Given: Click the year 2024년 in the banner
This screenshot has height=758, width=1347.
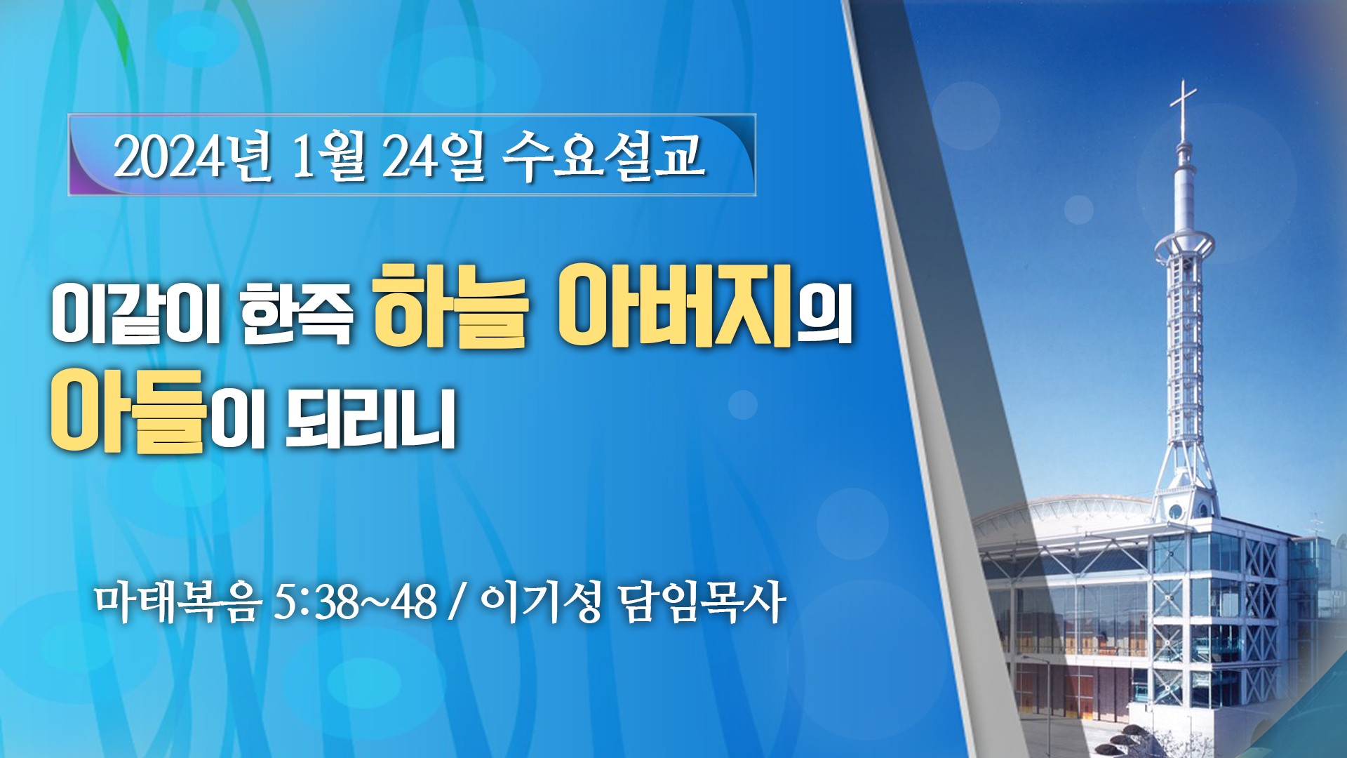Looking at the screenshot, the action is pyautogui.click(x=193, y=156).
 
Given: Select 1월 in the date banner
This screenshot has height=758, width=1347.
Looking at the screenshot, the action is pyautogui.click(x=329, y=156).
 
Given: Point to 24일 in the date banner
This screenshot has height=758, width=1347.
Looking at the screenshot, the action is pyautogui.click(x=433, y=156).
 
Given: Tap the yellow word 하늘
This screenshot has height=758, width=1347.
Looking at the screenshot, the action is pyautogui.click(x=449, y=305).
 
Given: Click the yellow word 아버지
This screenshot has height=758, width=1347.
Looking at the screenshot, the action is pyautogui.click(x=675, y=305).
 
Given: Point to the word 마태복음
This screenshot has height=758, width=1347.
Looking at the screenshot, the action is pyautogui.click(x=177, y=602).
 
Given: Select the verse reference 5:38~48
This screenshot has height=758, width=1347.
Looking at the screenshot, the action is pyautogui.click(x=355, y=602).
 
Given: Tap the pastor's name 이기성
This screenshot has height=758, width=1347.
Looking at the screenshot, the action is pyautogui.click(x=541, y=602).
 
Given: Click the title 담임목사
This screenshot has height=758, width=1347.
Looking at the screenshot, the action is pyautogui.click(x=702, y=602).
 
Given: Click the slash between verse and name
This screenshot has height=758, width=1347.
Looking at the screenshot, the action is pyautogui.click(x=459, y=602).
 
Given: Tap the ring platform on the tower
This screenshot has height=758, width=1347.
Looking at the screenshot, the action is pyautogui.click(x=1184, y=246).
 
